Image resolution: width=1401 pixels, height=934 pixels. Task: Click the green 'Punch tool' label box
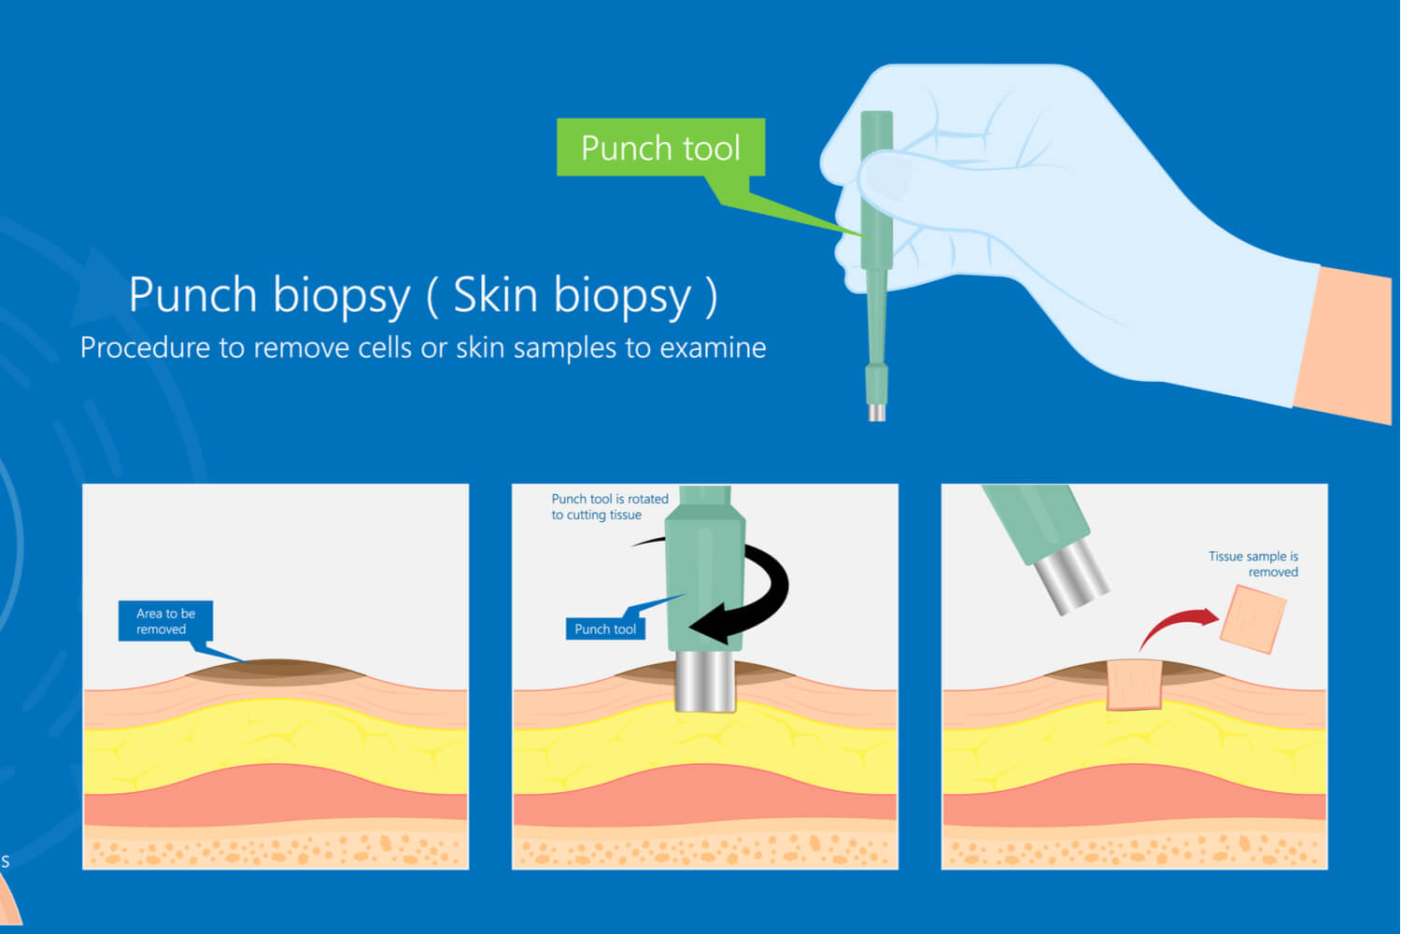click(660, 148)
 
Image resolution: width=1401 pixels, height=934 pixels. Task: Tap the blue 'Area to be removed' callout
click(165, 621)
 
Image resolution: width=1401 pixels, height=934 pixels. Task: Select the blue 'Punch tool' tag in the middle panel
click(605, 630)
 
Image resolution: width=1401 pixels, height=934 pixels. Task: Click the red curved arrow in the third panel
click(1177, 626)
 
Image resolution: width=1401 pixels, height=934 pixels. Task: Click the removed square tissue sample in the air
click(1252, 618)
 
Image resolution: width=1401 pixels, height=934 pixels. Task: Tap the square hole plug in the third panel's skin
click(1134, 685)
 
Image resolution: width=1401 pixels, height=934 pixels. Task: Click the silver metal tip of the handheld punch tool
click(877, 412)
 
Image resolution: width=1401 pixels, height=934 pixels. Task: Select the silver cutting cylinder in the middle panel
click(705, 681)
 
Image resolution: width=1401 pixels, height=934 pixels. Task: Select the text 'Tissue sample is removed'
click(1253, 564)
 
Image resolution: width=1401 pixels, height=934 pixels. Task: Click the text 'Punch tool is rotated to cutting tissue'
click(609, 506)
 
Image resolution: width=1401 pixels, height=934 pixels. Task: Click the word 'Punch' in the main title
click(192, 295)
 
